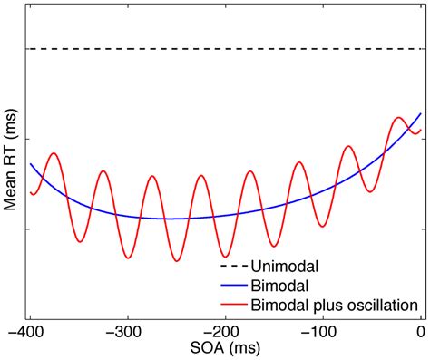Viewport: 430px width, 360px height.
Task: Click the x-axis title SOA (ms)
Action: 225,348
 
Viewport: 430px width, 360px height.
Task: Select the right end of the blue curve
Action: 421,113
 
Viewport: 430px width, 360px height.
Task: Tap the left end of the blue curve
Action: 30,164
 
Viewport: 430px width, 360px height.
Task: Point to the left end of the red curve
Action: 30,191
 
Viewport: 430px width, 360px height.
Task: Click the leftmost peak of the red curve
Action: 54,153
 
